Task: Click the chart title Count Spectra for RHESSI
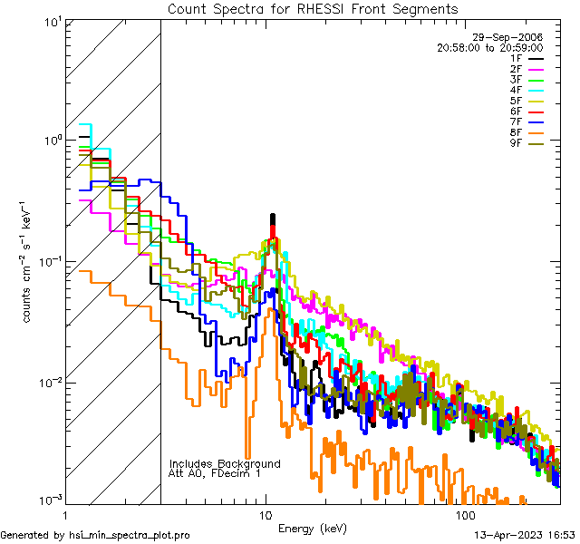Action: [x=313, y=8]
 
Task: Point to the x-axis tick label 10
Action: [x=265, y=515]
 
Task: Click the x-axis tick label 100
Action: [x=465, y=515]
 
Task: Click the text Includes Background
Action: [x=225, y=463]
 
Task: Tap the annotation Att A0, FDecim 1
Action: [x=215, y=473]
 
